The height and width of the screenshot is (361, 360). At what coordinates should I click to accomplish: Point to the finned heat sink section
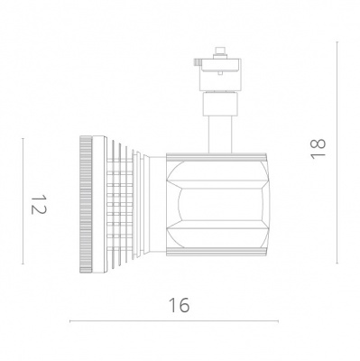[x=117, y=202]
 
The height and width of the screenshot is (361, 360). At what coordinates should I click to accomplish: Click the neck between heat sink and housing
[x=153, y=202]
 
